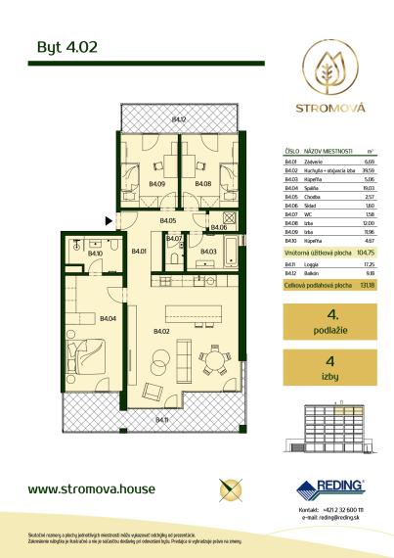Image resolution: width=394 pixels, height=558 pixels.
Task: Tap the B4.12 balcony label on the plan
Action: pyautogui.click(x=178, y=119)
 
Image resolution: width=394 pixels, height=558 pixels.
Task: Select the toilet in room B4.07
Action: pyautogui.click(x=172, y=256)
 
